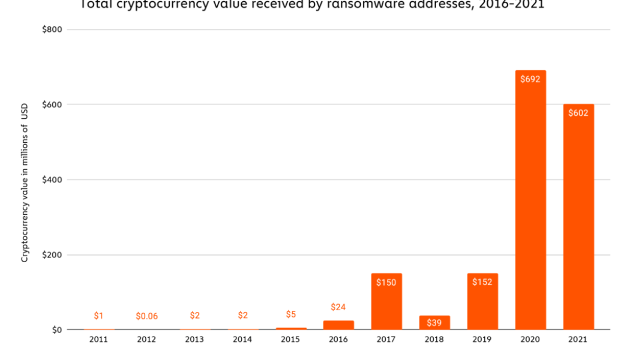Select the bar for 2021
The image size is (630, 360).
click(578, 217)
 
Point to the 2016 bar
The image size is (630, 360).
click(338, 325)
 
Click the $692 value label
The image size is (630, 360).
click(530, 79)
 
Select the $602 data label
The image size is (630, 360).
click(578, 113)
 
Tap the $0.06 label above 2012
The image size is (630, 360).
click(146, 316)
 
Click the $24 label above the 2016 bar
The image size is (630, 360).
click(338, 307)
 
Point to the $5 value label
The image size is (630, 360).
click(290, 314)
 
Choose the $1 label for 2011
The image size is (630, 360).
click(98, 316)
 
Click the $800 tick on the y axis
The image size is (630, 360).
click(52, 29)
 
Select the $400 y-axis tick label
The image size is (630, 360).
click(52, 180)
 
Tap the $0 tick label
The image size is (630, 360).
click(57, 330)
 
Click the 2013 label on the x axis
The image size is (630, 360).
click(194, 340)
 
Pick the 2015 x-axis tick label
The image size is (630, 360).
click(290, 340)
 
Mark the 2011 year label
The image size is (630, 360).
click(98, 340)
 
